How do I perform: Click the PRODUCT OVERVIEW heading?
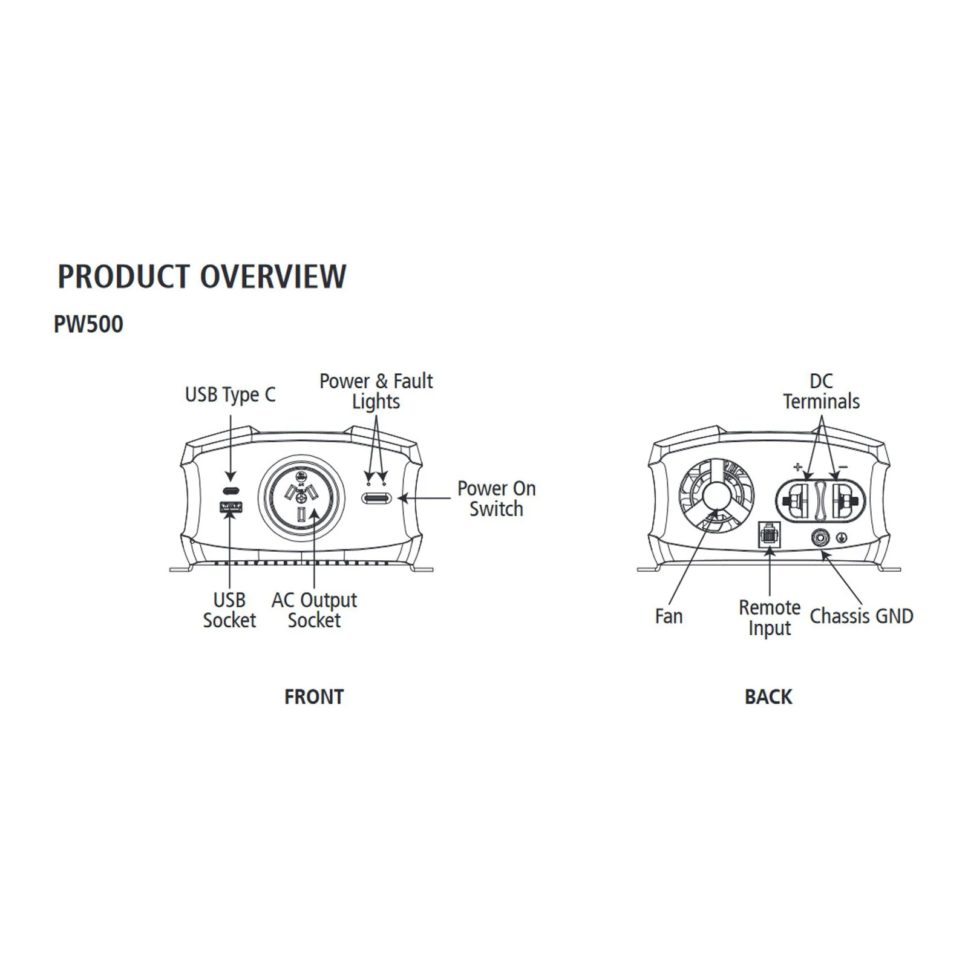pos(201,276)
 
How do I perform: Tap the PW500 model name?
pos(88,324)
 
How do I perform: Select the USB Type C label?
pos(230,395)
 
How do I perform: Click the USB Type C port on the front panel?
pos(230,490)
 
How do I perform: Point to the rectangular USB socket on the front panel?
pos(231,507)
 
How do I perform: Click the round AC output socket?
pos(301,497)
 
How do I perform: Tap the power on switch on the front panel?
pos(376,499)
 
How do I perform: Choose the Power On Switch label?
pos(496,499)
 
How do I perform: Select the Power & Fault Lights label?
pos(376,391)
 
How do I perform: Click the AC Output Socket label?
pos(314,610)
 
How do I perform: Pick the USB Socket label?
pos(229,610)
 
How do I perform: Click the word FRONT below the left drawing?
pos(314,697)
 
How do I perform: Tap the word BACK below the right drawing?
pos(768,697)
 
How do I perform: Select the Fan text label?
pos(669,616)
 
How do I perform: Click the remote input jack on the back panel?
pos(769,534)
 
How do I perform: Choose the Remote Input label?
pos(770,618)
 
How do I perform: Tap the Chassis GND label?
pos(862,616)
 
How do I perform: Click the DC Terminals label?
pos(821,391)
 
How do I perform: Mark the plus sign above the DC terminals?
pos(798,466)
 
